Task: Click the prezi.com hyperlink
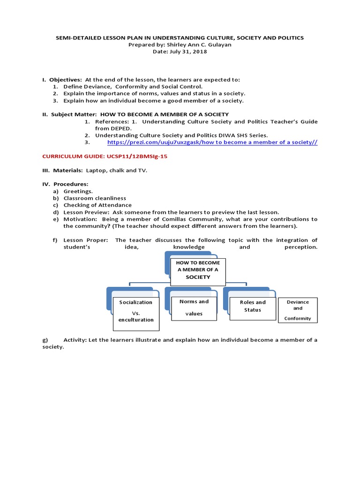pyautogui.click(x=212, y=142)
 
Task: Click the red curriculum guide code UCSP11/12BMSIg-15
pyautogui.click(x=105, y=157)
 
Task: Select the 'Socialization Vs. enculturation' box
pyautogui.click(x=136, y=311)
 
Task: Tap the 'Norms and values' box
pyautogui.click(x=194, y=307)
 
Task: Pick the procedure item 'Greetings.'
pyautogui.click(x=78, y=191)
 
